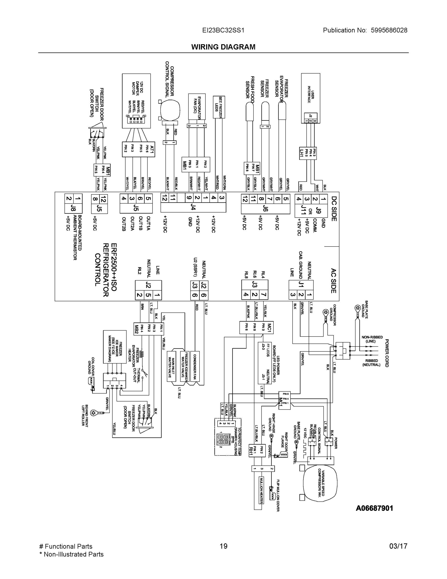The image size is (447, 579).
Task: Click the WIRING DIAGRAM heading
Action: tap(223, 47)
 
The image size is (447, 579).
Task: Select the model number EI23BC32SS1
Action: tap(223, 30)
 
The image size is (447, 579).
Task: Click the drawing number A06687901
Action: tap(374, 508)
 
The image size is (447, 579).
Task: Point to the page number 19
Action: tap(223, 546)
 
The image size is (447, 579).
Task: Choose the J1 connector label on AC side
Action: tap(301, 284)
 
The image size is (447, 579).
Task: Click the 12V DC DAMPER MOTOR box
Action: tap(136, 101)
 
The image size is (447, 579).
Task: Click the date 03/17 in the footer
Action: tap(398, 546)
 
